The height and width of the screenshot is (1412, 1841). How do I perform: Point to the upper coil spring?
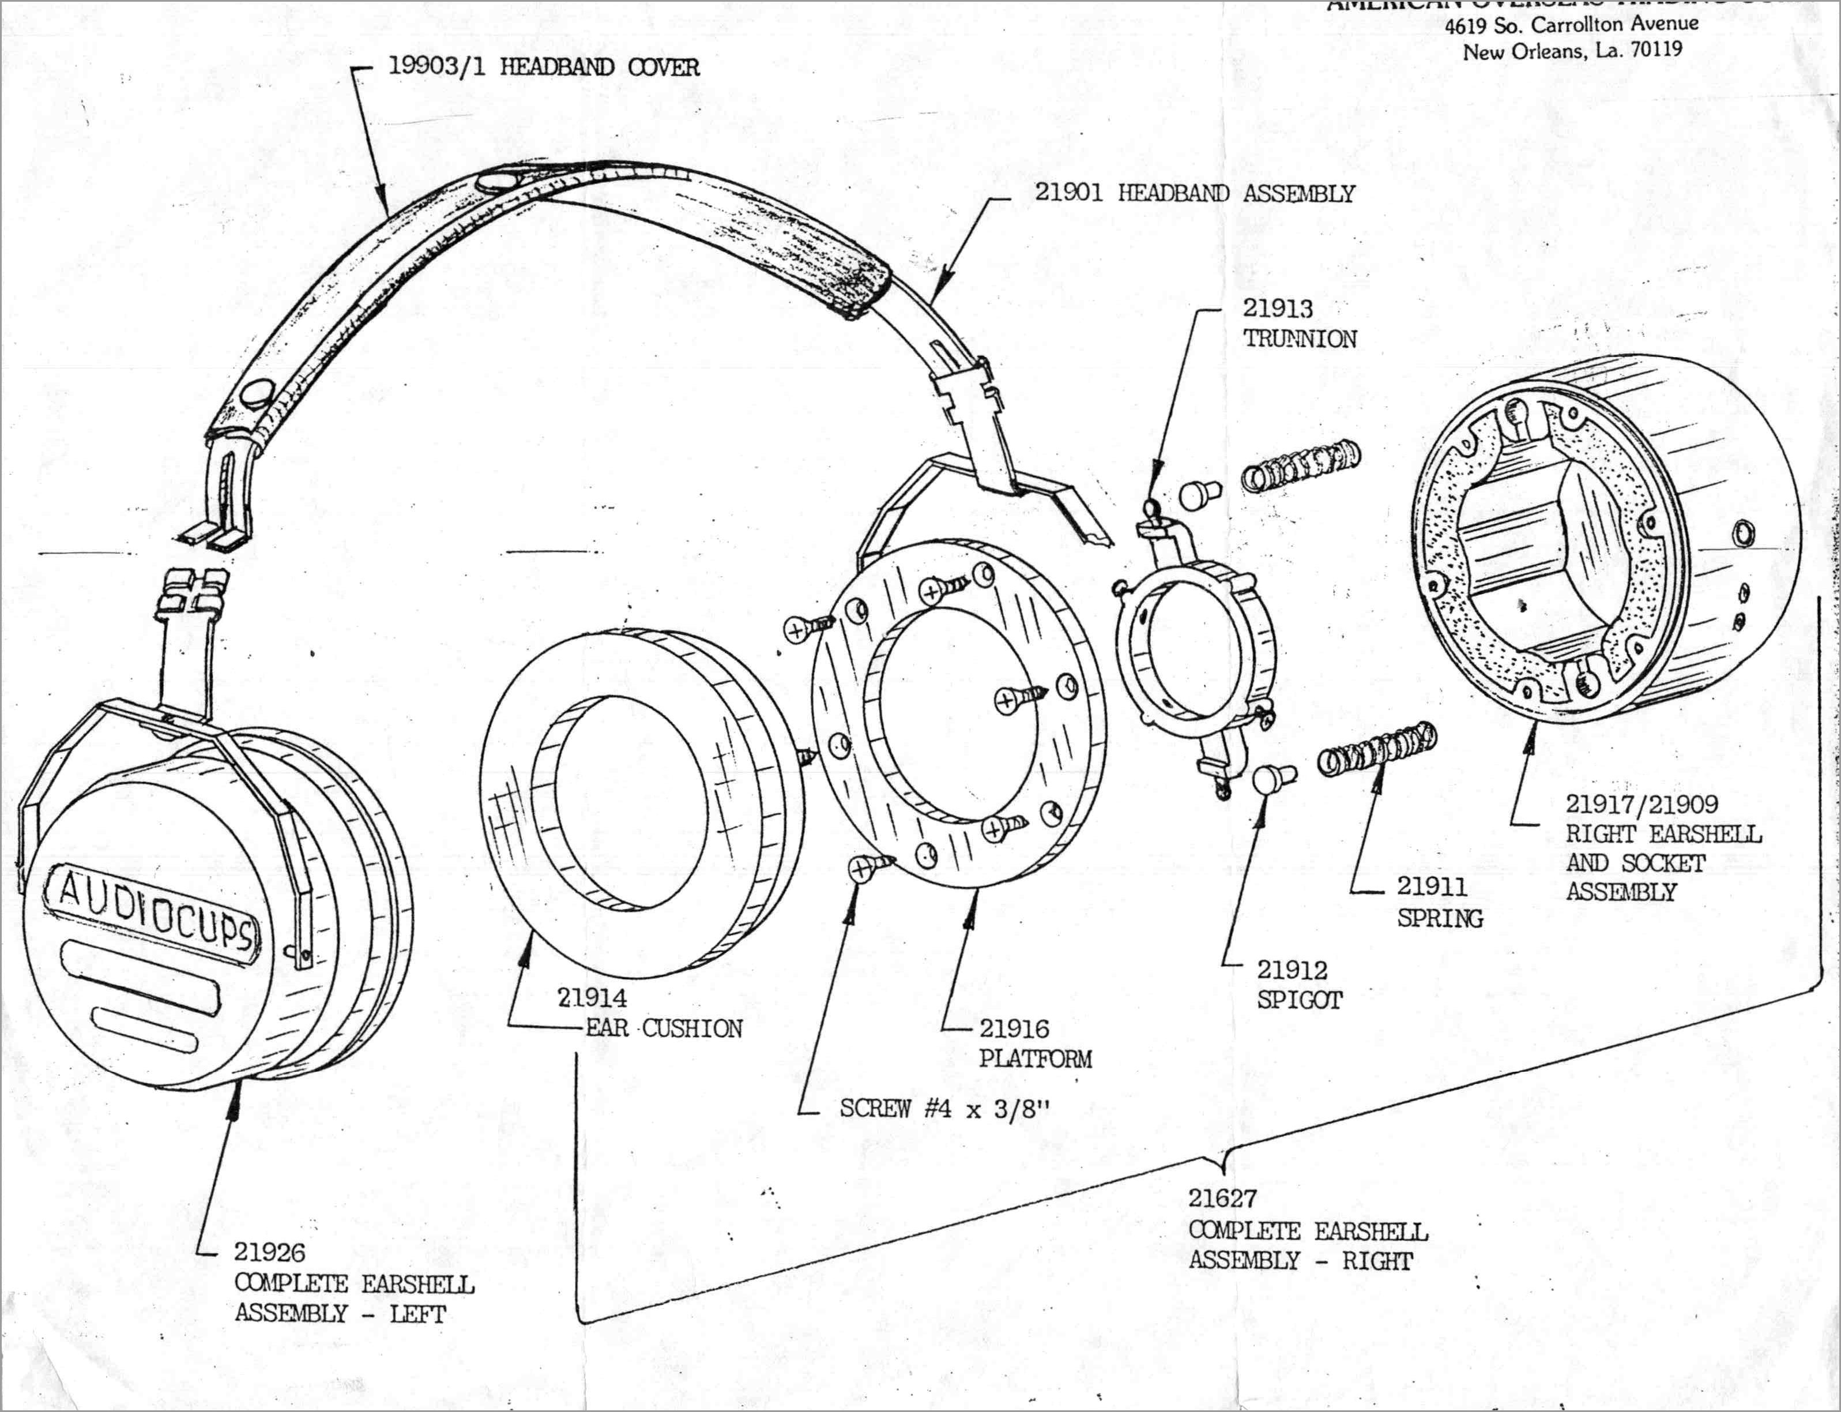pos(1301,468)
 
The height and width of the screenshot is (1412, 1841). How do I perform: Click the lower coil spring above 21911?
pos(1376,749)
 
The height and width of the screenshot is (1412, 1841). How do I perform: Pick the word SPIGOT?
pos(1299,1000)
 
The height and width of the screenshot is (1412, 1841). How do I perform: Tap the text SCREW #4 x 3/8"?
pos(944,1109)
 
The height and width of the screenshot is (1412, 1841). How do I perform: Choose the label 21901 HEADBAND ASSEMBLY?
pos(1194,193)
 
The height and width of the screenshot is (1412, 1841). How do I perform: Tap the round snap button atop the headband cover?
pos(496,182)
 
